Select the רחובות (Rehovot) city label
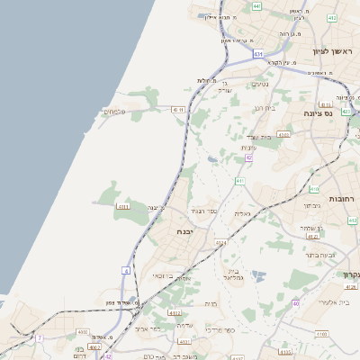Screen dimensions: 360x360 (x=344, y=198)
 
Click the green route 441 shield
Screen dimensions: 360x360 (x=257, y=6)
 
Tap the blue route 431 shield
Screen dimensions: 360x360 (x=258, y=54)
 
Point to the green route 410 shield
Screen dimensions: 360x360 (x=314, y=189)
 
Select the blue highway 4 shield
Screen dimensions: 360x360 (x=126, y=270)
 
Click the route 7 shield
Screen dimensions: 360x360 (x=39, y=337)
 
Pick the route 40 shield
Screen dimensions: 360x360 (x=295, y=303)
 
